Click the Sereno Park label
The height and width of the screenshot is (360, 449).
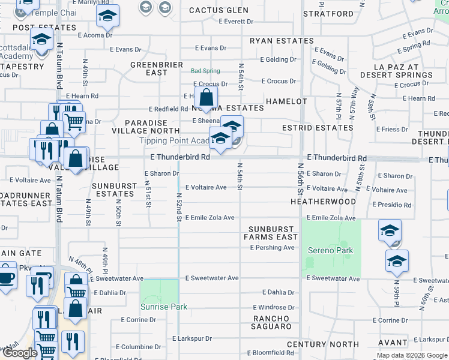tap(331, 250)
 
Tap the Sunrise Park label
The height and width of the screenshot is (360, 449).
tap(164, 307)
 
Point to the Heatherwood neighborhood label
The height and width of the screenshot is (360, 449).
tap(323, 202)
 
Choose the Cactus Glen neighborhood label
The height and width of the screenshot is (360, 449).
tap(218, 10)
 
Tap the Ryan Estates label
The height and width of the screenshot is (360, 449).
tap(282, 41)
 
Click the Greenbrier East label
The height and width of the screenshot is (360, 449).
tap(149, 68)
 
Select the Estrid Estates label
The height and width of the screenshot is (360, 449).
tap(318, 128)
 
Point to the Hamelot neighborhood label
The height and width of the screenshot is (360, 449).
tap(286, 101)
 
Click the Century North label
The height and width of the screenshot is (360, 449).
tap(322, 344)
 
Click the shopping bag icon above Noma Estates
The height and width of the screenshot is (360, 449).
tap(206, 97)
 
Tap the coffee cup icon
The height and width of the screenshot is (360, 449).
tap(7, 278)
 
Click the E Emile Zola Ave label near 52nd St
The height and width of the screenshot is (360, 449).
tap(209, 217)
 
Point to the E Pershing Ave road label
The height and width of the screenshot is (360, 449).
tap(272, 247)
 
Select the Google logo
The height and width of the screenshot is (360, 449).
tap(20, 353)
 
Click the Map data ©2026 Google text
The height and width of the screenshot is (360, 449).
tap(412, 356)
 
